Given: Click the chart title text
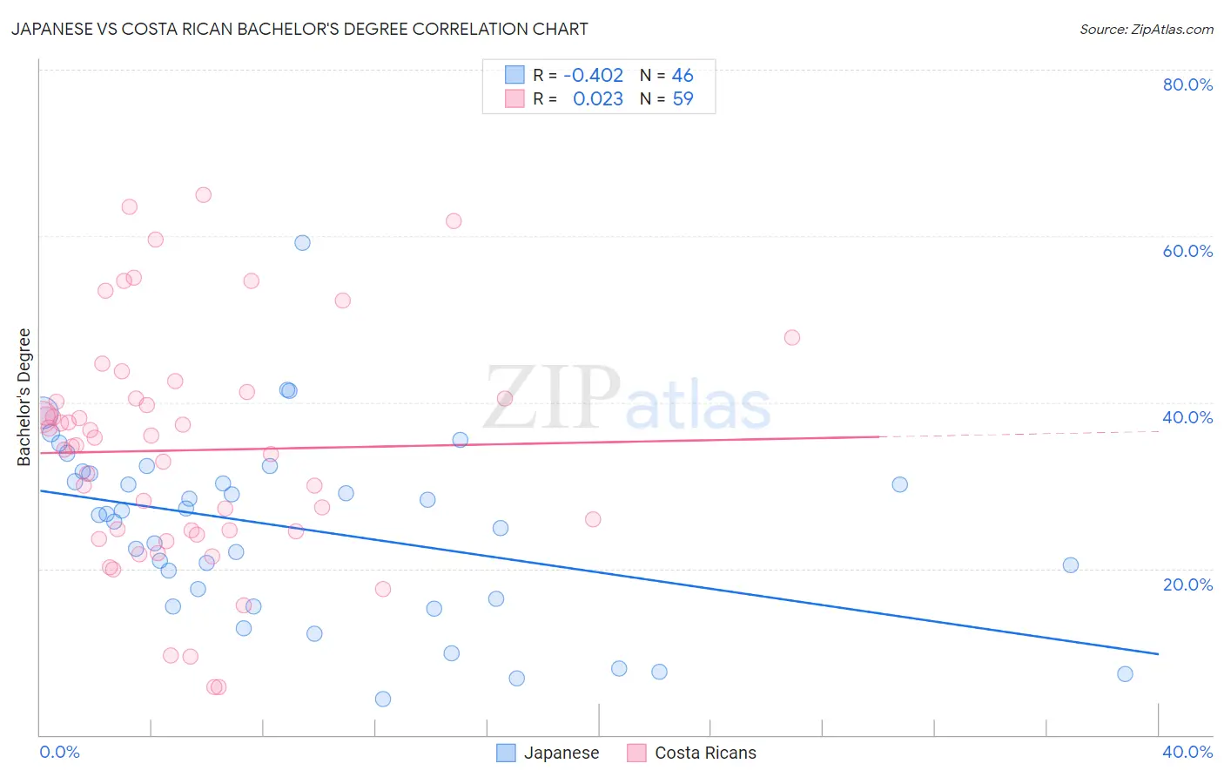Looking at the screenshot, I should coord(299,29).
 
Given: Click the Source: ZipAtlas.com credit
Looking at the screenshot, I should coord(1146,29).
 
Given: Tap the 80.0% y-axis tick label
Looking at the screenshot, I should coord(1187,84).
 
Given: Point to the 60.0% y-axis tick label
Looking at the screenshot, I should coord(1187,251).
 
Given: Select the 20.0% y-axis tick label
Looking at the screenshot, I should coord(1187,584).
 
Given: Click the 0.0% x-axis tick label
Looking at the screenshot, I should coord(59,752).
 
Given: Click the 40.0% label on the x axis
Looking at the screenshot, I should coord(1187,752).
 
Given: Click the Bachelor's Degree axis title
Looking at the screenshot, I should coord(24,397).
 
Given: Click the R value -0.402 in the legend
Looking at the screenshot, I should coord(594,75).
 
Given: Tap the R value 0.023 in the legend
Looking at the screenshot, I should coord(598,99).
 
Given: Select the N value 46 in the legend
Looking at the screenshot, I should coord(683,75).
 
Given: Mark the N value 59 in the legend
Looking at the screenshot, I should coord(683,99).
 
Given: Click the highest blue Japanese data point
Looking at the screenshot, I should coord(302,243).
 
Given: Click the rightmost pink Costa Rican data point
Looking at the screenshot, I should coord(791,338).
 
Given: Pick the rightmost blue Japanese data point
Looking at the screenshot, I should coord(1125,673).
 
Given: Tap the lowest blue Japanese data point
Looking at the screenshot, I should coord(383,699).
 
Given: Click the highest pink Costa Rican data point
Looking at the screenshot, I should coord(203,195).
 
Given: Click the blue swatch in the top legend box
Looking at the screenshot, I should coord(514,75).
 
